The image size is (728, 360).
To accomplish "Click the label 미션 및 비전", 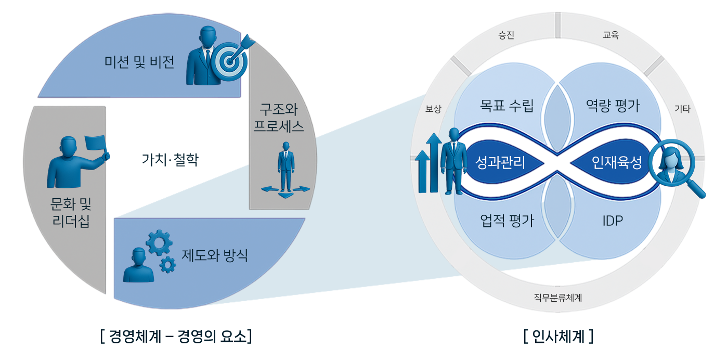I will click(x=139, y=62).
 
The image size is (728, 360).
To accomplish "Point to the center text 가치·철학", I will click(x=170, y=159).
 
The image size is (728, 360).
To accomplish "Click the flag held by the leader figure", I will click(x=95, y=143).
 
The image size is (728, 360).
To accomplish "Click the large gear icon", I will click(x=158, y=242).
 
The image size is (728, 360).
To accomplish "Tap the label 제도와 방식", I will click(x=215, y=255).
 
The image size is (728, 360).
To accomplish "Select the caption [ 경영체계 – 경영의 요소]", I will click(x=176, y=336).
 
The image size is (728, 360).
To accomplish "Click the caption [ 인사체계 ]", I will click(x=558, y=337).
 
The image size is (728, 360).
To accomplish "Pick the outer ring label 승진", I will click(x=506, y=36).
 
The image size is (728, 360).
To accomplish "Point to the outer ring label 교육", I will click(x=610, y=36).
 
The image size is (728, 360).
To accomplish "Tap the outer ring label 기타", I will click(x=682, y=109).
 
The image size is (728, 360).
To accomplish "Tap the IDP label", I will click(x=613, y=221).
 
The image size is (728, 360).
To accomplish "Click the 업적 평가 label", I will click(x=506, y=221).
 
